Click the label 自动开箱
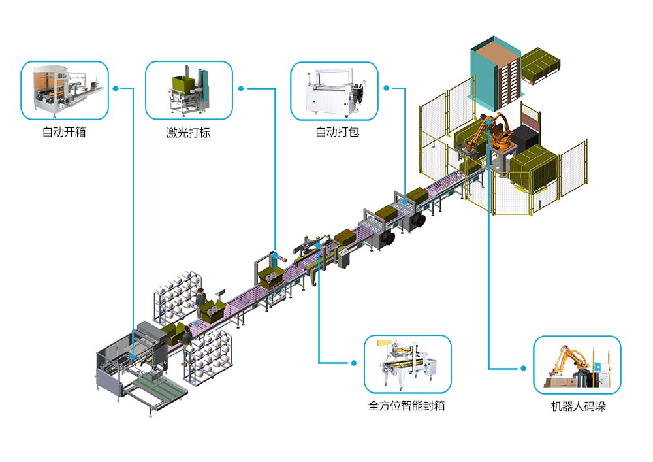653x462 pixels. (64, 133)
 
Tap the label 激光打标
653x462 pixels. (188, 133)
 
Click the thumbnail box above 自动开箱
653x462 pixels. (64, 91)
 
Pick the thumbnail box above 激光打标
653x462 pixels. (188, 91)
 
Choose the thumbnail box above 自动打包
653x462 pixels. (334, 91)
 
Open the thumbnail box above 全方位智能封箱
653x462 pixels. (407, 365)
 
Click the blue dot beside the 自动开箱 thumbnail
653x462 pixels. (115, 88)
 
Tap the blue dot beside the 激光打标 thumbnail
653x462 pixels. (240, 88)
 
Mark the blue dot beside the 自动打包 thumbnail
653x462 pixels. (387, 87)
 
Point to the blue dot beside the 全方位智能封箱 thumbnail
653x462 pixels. (353, 363)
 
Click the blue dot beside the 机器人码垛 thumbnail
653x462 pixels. (523, 369)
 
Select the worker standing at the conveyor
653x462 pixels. (202, 301)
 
